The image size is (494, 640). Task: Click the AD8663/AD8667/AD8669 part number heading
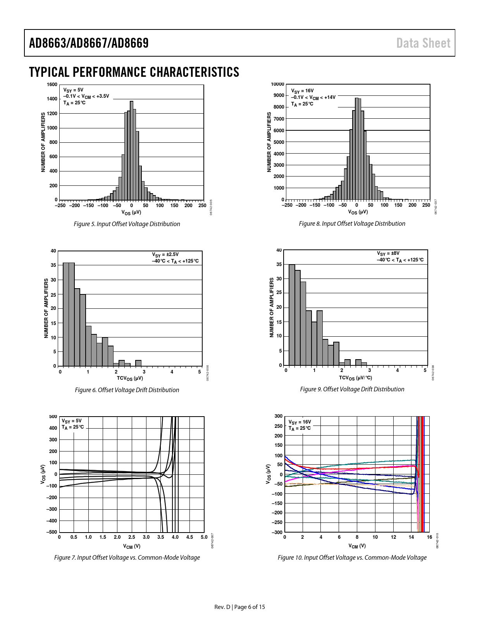click(x=89, y=43)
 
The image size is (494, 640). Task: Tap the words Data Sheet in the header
click(x=423, y=43)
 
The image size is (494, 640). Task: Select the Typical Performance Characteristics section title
click(x=134, y=72)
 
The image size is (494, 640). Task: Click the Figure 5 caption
click(x=127, y=224)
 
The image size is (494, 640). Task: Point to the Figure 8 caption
click(x=352, y=224)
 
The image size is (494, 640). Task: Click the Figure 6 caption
click(x=127, y=390)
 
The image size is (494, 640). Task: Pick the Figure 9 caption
click(x=352, y=389)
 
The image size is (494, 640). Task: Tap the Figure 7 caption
click(x=127, y=558)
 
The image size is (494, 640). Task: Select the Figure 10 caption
click(x=352, y=558)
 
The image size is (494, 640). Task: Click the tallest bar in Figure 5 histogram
click(x=131, y=151)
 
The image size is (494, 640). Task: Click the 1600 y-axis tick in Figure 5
click(x=52, y=85)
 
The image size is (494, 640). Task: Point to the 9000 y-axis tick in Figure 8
click(x=279, y=95)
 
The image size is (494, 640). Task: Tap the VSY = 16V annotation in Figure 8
click(x=302, y=91)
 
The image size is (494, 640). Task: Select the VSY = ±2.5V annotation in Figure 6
click(x=165, y=254)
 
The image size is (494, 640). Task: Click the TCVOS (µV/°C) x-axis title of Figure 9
click(x=355, y=378)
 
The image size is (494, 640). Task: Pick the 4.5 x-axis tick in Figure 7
click(x=189, y=537)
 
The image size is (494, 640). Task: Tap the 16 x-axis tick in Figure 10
click(x=429, y=537)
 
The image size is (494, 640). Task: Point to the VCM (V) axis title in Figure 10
click(x=357, y=546)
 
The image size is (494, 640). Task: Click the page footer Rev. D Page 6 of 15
click(x=239, y=607)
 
